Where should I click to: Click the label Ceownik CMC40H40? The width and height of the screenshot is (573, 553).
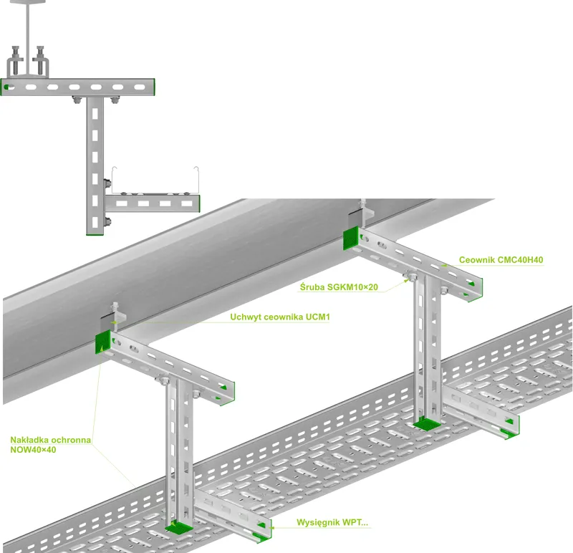point(501,260)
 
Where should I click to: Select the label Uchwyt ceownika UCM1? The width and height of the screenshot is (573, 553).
point(280,317)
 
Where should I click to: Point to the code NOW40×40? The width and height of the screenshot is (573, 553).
point(33,450)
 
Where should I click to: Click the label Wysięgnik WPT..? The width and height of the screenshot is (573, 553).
point(332,523)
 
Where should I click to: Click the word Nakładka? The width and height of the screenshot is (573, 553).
point(29,440)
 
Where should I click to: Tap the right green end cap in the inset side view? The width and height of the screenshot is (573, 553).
point(151,87)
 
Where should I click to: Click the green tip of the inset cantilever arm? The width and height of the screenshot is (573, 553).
point(197,204)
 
